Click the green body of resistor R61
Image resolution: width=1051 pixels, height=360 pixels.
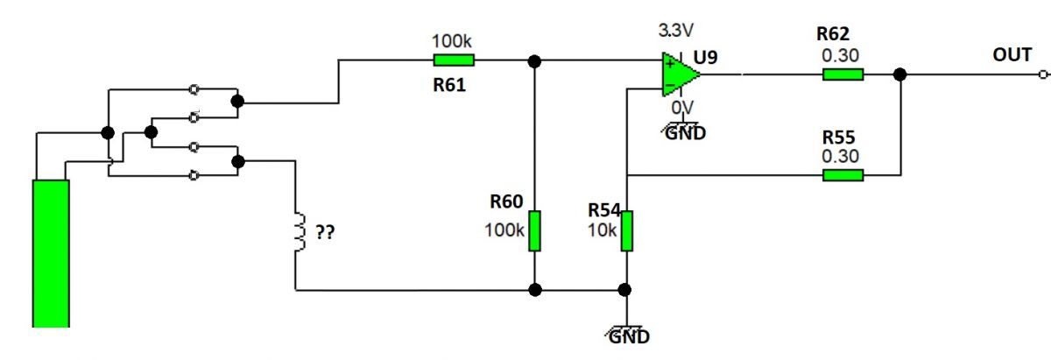coord(454,60)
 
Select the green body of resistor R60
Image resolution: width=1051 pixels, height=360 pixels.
coord(534,231)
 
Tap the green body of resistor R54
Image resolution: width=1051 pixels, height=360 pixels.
coord(627,231)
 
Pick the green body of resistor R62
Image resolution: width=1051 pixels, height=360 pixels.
coord(843,74)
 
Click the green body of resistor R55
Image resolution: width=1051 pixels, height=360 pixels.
coord(843,175)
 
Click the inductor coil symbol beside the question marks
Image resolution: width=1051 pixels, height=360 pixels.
coord(300,232)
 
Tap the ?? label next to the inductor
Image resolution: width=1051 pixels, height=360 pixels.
coord(325,232)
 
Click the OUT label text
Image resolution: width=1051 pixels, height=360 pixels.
coord(1012,55)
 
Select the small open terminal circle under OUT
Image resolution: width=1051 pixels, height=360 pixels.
coord(1043,74)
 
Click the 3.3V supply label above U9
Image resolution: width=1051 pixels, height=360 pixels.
coord(675,31)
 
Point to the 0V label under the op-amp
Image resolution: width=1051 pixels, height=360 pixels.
coord(682,108)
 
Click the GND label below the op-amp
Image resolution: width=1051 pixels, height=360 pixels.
coord(686,133)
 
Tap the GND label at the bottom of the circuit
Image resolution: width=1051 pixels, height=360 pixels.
coord(629,336)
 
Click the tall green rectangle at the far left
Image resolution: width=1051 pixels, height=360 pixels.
coord(51,253)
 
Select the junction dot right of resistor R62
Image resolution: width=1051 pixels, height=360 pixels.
coord(900,74)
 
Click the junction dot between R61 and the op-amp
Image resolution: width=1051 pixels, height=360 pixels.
coord(534,61)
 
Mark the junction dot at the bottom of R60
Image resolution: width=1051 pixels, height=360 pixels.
coord(535,290)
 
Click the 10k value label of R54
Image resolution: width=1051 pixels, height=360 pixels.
coord(602,230)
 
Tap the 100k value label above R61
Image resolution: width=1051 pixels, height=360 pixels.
coord(451,41)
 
